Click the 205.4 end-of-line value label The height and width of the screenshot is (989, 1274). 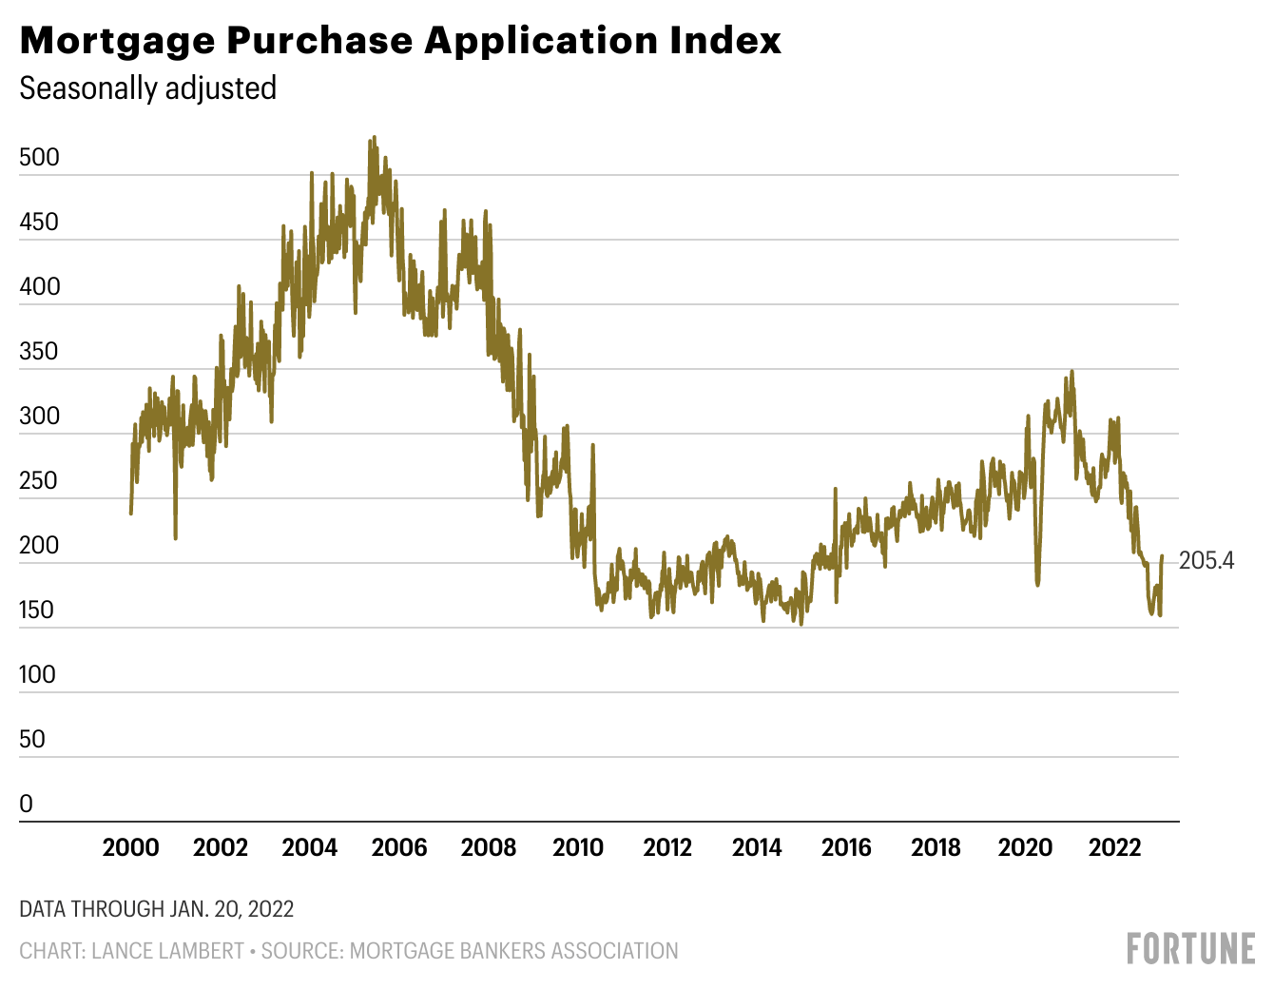1206,561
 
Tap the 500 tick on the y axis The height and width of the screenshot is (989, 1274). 39,158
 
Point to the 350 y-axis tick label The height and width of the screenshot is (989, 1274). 39,352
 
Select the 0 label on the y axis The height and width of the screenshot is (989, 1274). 26,805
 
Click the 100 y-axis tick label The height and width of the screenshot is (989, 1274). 38,675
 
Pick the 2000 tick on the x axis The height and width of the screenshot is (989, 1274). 130,847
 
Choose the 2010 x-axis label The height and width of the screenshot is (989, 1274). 578,847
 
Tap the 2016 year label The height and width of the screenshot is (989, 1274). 846,847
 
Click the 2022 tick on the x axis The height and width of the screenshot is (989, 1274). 1114,847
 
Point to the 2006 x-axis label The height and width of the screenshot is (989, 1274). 399,847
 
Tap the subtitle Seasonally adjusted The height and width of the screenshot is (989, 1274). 148,88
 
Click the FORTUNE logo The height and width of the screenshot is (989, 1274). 1190,949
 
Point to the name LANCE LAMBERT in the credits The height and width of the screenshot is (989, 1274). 167,951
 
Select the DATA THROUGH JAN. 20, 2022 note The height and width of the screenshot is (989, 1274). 157,909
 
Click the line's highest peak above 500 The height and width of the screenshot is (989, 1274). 374,138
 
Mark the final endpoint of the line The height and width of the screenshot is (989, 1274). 1162,557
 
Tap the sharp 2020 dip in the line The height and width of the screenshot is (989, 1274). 1037,583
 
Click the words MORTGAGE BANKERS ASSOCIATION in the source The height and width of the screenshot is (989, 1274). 513,951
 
